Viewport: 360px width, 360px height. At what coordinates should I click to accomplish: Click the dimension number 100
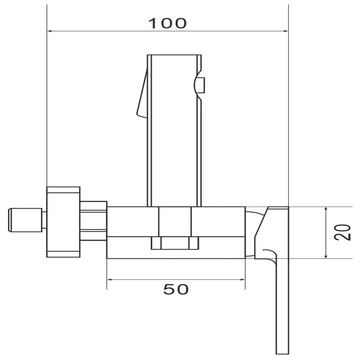[x=167, y=23]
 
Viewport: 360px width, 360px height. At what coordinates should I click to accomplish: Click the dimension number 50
[x=176, y=289]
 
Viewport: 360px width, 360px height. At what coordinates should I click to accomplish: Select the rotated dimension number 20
[x=342, y=232]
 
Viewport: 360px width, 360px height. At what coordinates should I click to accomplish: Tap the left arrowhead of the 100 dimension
[x=49, y=31]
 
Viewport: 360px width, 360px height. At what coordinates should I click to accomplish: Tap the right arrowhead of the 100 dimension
[x=286, y=31]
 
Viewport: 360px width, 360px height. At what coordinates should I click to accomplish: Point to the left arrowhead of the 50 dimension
[x=109, y=279]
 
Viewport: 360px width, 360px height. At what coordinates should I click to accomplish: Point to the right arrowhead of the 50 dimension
[x=243, y=279]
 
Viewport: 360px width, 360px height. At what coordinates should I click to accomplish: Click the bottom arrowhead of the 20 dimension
[x=326, y=256]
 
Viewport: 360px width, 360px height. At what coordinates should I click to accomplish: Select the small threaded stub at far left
[x=26, y=220]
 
